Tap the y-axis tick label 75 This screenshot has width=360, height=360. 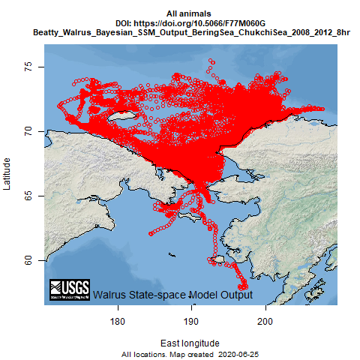28,67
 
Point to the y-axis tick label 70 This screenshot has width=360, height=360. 28,131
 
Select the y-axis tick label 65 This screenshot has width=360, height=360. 28,196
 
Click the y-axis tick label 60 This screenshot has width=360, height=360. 28,260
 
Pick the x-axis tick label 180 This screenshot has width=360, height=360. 117,321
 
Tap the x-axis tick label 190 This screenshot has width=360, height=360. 191,321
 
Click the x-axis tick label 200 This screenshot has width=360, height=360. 265,321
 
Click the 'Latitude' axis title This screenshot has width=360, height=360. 8,174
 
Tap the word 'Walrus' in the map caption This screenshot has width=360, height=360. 109,295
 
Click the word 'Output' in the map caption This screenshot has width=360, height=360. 234,295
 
